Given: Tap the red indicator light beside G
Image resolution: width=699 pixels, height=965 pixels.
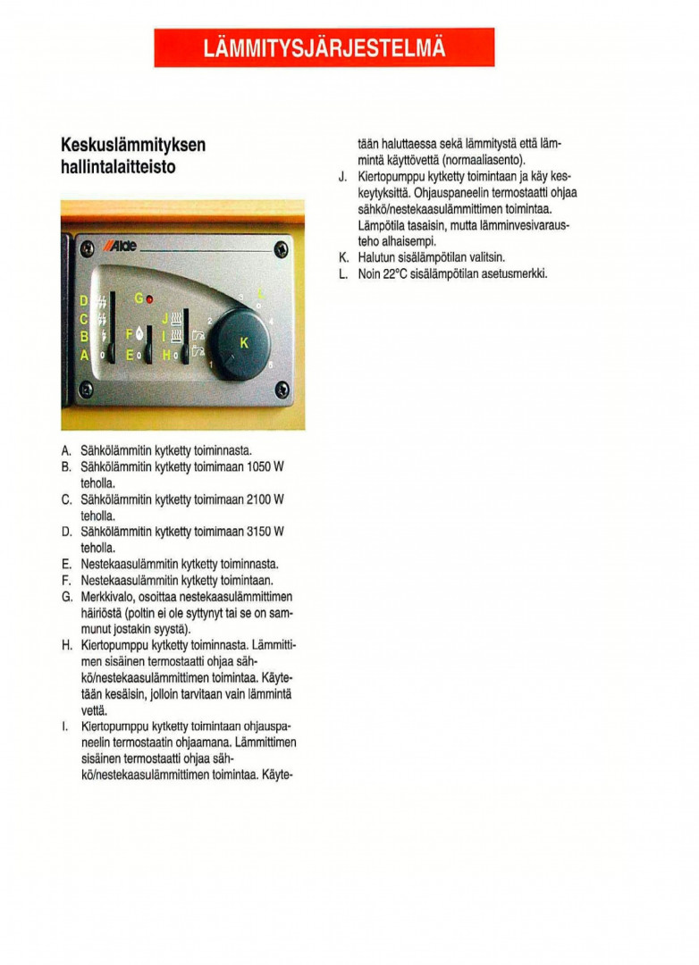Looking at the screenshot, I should point(149,298).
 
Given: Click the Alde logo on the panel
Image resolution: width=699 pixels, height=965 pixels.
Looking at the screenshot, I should point(122,247).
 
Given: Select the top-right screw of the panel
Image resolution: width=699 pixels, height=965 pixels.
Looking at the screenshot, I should point(281,248).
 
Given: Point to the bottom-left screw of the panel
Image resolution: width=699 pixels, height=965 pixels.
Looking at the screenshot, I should point(86,389).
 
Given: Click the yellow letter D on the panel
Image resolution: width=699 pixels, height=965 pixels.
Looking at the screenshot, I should point(84,300).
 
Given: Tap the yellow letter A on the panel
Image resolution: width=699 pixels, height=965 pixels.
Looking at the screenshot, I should point(84,355).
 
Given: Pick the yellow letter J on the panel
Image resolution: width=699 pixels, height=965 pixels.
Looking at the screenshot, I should point(164,317).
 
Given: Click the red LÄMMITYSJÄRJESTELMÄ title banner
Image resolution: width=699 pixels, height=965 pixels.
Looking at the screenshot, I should point(324,47).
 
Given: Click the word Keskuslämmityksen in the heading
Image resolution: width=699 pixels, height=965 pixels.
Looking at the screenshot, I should point(133,146).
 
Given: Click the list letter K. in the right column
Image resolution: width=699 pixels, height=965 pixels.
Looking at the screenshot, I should point(343,257).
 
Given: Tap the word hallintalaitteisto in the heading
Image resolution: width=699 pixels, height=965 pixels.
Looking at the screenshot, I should point(118,167).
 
